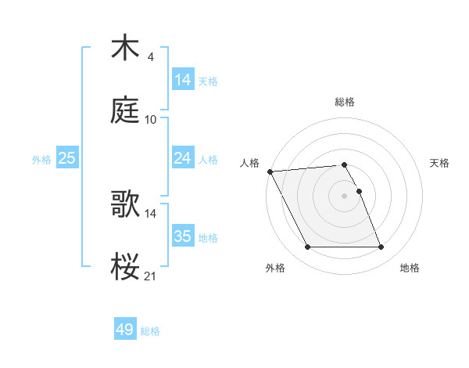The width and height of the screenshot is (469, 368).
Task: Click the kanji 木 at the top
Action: pyautogui.click(x=125, y=49)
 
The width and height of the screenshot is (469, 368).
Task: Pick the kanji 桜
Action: pyautogui.click(x=125, y=266)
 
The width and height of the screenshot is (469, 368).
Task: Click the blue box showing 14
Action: pyautogui.click(x=183, y=80)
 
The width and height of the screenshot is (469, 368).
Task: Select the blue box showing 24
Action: pyautogui.click(x=183, y=158)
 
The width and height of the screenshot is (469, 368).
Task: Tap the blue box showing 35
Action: pyautogui.click(x=183, y=236)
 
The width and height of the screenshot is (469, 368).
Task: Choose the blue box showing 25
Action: pyautogui.click(x=67, y=158)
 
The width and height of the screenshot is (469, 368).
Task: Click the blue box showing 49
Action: pyautogui.click(x=125, y=330)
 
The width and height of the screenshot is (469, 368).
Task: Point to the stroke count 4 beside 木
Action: pyautogui.click(x=150, y=57)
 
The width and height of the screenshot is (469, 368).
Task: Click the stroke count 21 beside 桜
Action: pyautogui.click(x=151, y=275)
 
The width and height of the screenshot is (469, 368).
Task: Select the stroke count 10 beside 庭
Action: pyautogui.click(x=151, y=119)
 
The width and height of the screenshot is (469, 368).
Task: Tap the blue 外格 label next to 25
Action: pyautogui.click(x=41, y=159)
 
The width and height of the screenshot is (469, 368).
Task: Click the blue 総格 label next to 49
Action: pyautogui.click(x=150, y=331)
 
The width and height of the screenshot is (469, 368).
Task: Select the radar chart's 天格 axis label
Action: pyautogui.click(x=440, y=163)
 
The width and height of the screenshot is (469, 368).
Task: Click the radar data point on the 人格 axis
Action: pyautogui.click(x=270, y=171)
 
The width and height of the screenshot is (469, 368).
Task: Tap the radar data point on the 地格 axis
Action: pyautogui.click(x=381, y=247)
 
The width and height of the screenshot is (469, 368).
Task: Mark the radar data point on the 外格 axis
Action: pyautogui.click(x=308, y=247)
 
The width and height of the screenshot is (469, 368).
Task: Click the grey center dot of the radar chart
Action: pyautogui.click(x=345, y=196)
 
